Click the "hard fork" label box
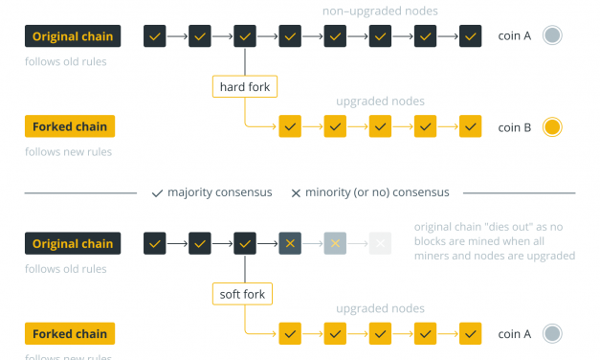(245, 87)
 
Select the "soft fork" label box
(245, 293)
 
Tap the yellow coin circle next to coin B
(551, 126)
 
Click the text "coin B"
(514, 126)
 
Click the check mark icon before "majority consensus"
(158, 192)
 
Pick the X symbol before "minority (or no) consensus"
(296, 192)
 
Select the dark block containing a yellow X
(290, 243)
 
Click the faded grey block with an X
(335, 243)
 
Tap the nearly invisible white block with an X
(380, 243)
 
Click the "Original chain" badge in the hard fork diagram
(73, 36)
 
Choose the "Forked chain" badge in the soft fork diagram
(70, 333)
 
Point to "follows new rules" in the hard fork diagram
(69, 151)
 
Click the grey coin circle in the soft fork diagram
(551, 333)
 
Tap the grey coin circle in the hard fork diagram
(551, 36)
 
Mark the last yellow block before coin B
(470, 126)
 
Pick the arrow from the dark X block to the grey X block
(313, 243)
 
